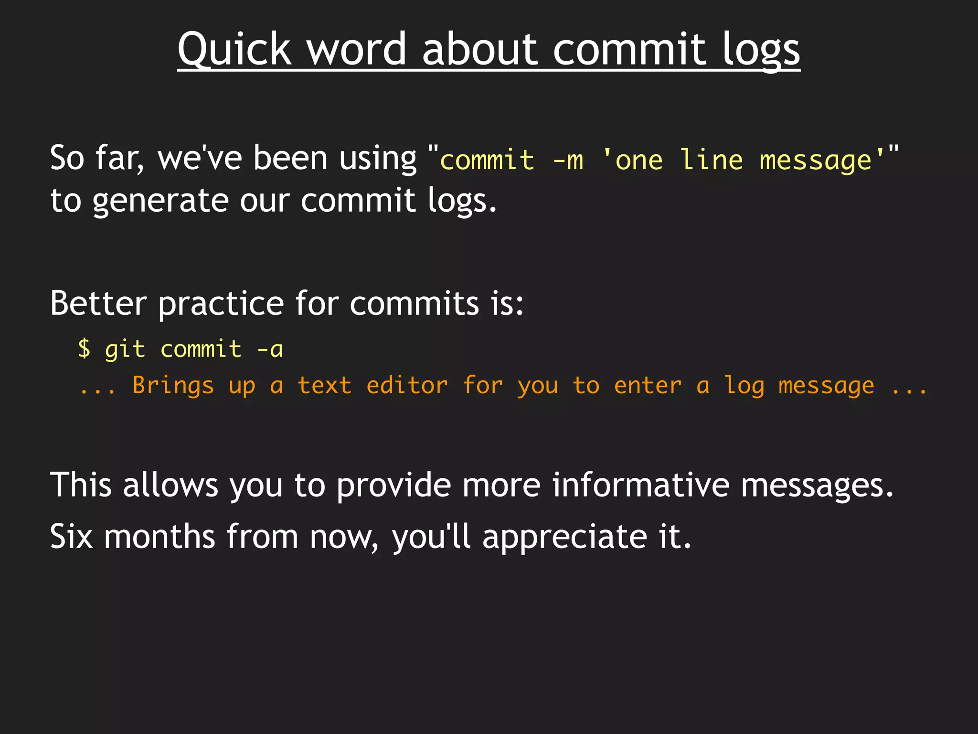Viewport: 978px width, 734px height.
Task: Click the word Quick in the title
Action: click(x=234, y=49)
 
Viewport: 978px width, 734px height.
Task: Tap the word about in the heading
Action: click(x=480, y=49)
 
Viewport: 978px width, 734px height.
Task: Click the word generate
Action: click(x=160, y=201)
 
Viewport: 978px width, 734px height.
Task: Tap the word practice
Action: click(x=221, y=304)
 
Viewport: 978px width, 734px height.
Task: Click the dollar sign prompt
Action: click(x=84, y=349)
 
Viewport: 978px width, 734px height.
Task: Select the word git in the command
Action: click(x=125, y=350)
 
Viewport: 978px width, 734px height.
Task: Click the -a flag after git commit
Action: click(x=270, y=349)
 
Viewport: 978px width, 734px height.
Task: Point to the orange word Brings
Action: click(x=173, y=386)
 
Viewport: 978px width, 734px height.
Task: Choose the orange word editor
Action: click(x=407, y=385)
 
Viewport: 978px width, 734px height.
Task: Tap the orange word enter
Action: click(x=648, y=385)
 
